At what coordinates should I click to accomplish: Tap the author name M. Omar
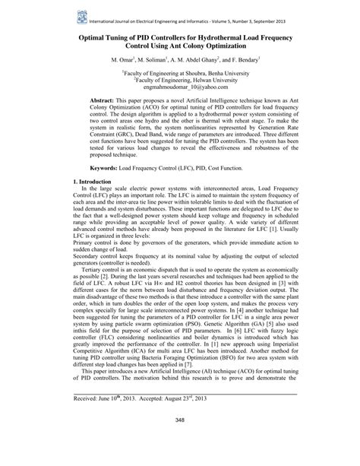pos(123,59)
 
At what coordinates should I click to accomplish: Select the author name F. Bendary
pos(242,59)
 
